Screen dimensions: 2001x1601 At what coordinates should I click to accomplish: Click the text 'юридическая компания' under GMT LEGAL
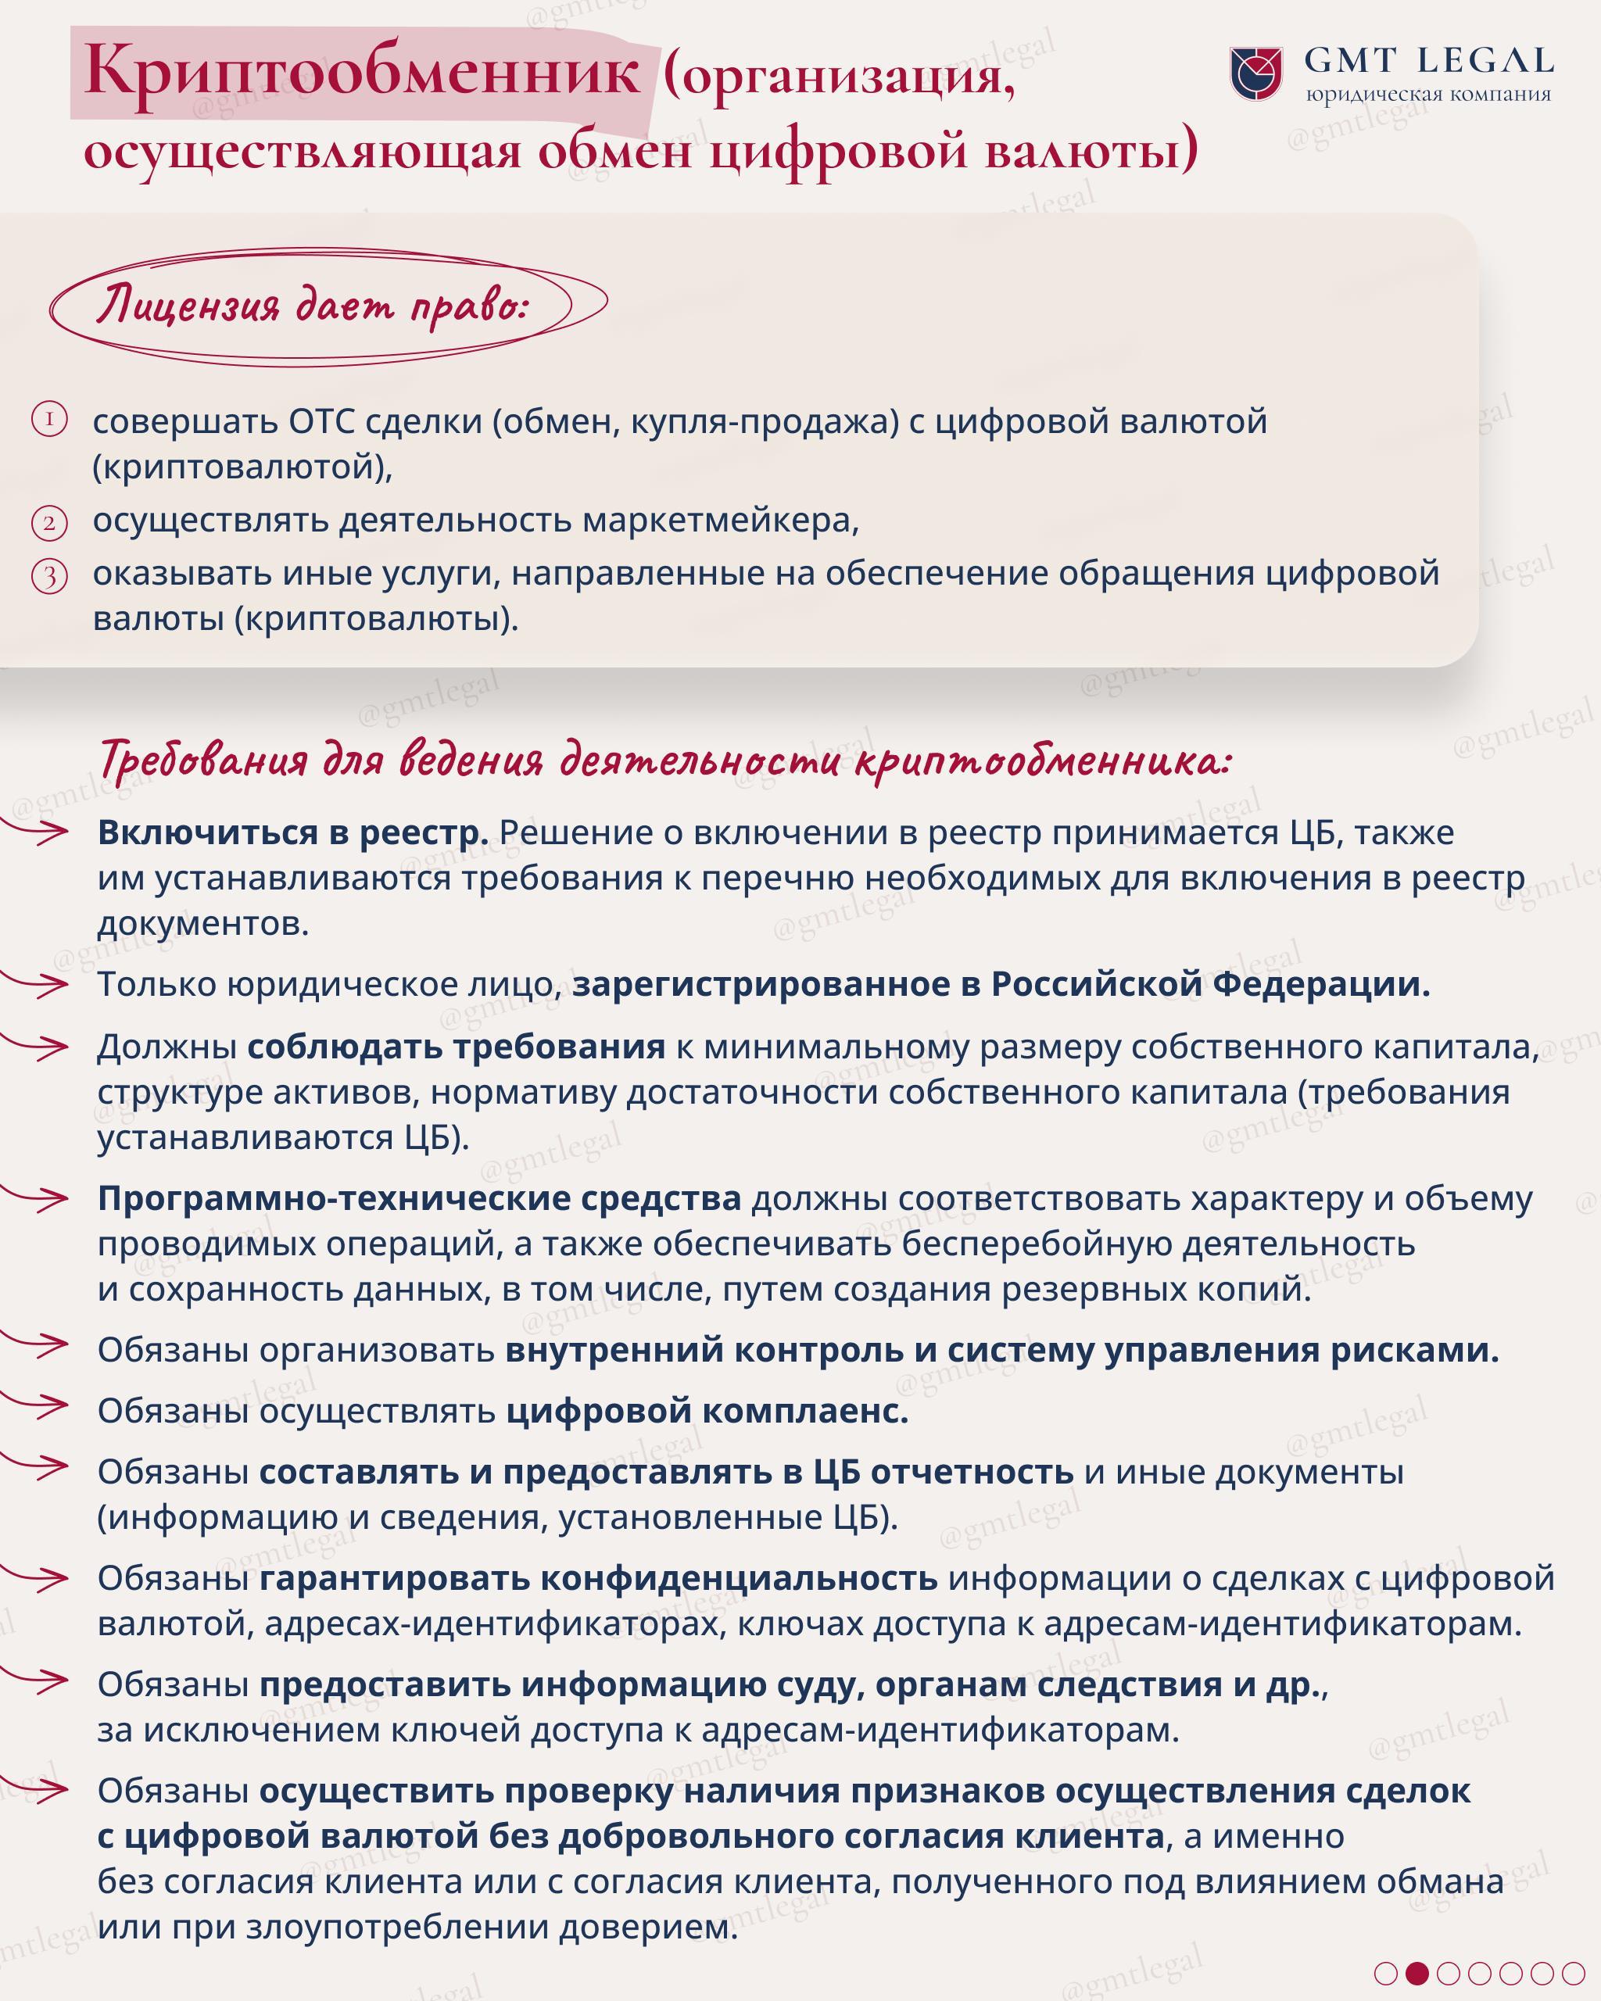tap(1427, 95)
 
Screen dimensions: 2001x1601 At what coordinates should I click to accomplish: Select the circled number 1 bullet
tap(49, 420)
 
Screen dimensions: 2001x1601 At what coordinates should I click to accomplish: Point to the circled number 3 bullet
tap(49, 576)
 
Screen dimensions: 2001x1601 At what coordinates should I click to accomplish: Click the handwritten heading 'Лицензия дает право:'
tap(312, 306)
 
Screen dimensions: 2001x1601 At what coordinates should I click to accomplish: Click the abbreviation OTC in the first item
tap(321, 421)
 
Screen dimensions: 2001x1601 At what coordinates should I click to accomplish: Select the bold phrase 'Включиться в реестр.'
tap(292, 832)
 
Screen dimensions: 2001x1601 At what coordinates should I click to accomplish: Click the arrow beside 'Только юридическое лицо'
tap(37, 984)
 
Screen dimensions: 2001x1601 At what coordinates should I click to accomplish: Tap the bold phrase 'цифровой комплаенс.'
tap(707, 1411)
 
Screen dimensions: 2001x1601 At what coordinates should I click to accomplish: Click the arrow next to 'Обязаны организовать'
tap(37, 1343)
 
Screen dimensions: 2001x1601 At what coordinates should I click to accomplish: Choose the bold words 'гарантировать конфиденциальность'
tap(598, 1578)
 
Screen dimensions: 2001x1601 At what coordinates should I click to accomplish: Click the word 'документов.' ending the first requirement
tap(203, 923)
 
